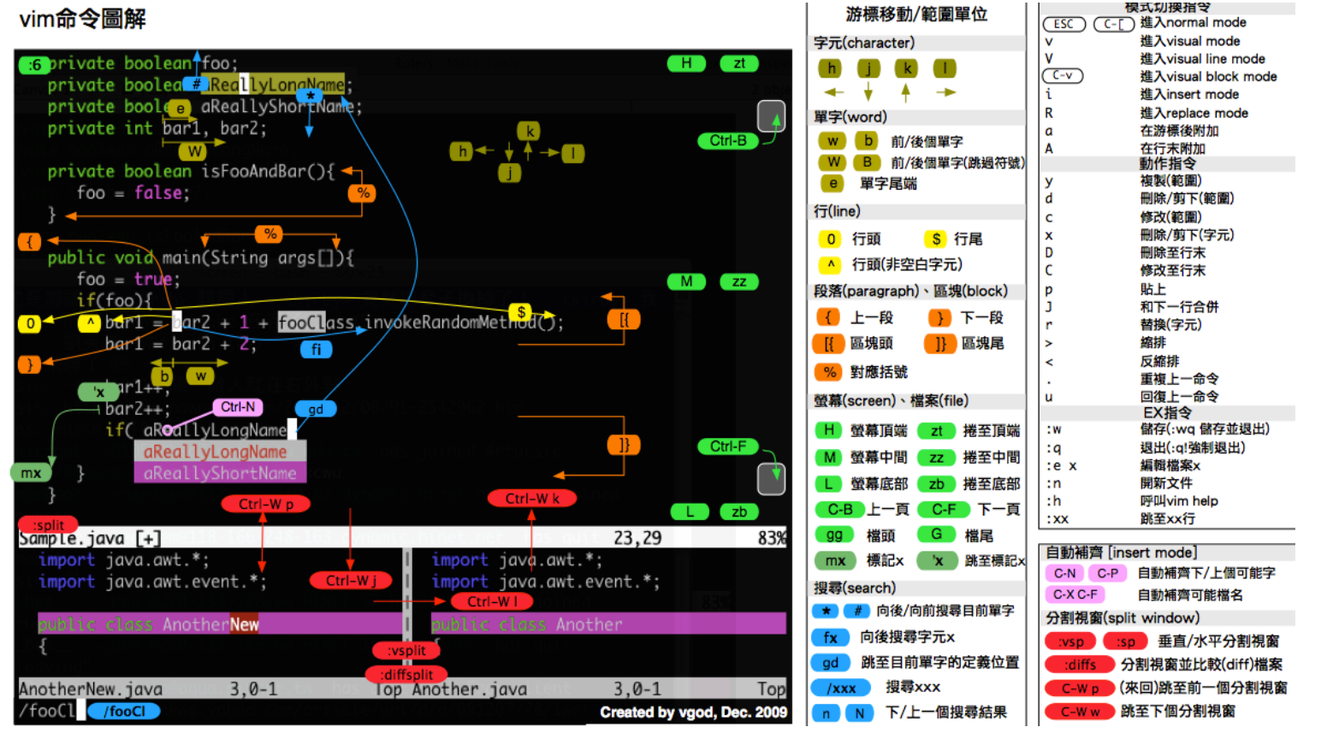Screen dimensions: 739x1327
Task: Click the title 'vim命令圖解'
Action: tap(82, 19)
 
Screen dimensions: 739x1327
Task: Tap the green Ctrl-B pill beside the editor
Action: tap(728, 141)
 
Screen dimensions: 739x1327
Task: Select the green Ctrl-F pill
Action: tap(728, 446)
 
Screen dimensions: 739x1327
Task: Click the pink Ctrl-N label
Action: tap(238, 407)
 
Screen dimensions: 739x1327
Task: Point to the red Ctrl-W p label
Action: tap(265, 505)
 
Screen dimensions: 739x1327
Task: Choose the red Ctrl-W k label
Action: tap(532, 499)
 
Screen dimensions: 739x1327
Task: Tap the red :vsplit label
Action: tap(406, 651)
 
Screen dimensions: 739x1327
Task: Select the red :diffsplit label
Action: tap(406, 675)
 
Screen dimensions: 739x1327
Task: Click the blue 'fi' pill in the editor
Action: tap(316, 349)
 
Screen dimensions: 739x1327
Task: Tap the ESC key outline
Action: tap(1063, 24)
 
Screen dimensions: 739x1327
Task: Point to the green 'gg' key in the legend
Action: tap(834, 535)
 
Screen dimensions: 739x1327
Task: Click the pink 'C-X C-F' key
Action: tap(1075, 594)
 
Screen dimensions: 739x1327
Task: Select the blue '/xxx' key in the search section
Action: tap(841, 688)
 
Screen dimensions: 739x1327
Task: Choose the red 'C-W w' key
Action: tap(1080, 712)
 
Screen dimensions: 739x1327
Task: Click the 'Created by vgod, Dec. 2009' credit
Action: tap(693, 712)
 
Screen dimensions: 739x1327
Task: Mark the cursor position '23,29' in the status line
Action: tap(637, 538)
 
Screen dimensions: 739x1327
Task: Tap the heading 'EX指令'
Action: tap(1167, 412)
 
